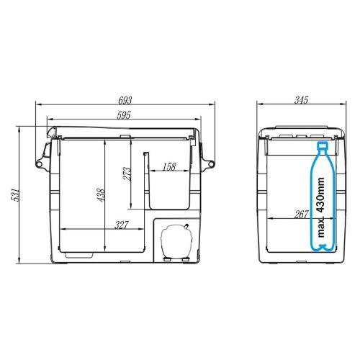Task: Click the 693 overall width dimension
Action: (125, 100)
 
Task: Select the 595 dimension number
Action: (124, 115)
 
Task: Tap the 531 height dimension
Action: (15, 195)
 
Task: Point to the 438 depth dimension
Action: (102, 195)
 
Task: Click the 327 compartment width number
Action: (122, 225)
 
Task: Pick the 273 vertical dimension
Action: (127, 174)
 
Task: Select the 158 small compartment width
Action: (169, 167)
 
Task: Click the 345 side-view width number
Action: (301, 100)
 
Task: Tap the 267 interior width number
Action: (301, 215)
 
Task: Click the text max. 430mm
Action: (320, 207)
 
